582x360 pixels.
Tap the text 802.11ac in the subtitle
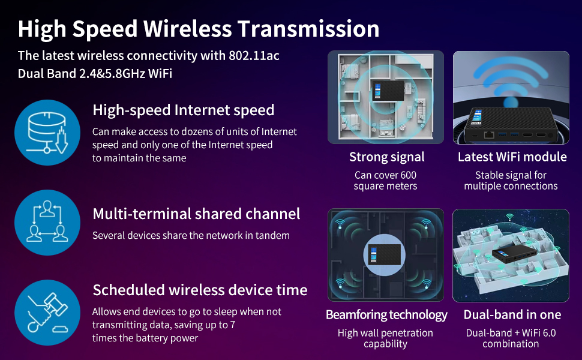pyautogui.click(x=254, y=56)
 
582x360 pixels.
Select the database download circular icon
pyautogui.click(x=47, y=133)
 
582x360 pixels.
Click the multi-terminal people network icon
pyautogui.click(x=47, y=221)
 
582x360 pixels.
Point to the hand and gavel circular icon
pyautogui.click(x=47, y=312)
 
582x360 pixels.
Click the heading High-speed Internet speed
pyautogui.click(x=183, y=110)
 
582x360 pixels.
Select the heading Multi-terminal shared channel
pyautogui.click(x=196, y=214)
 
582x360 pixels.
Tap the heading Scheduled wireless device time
pyautogui.click(x=200, y=290)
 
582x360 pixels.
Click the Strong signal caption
pyautogui.click(x=386, y=157)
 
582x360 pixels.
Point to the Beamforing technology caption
pyautogui.click(x=386, y=315)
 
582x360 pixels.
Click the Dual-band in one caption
pyautogui.click(x=512, y=315)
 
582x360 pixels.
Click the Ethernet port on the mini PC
pyautogui.click(x=489, y=134)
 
